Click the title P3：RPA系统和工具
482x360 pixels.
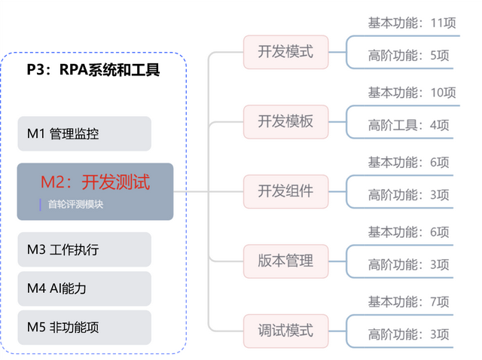click(94, 70)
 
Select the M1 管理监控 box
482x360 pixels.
click(84, 134)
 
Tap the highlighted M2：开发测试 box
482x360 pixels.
click(95, 191)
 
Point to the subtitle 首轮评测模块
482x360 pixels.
click(75, 204)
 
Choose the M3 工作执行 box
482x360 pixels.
click(84, 249)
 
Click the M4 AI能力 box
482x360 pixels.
click(84, 288)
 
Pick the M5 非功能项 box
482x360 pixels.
click(84, 328)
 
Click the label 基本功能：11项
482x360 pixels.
click(412, 23)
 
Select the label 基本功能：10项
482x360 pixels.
click(412, 93)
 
